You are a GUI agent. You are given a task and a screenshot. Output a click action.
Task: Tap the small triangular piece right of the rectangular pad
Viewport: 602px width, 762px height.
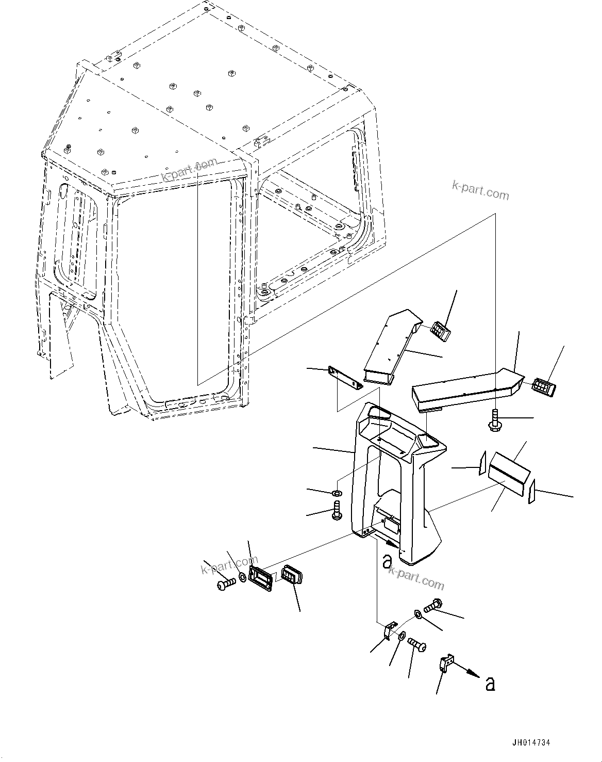[531, 492]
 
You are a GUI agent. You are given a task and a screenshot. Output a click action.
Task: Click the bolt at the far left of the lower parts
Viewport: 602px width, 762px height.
[224, 584]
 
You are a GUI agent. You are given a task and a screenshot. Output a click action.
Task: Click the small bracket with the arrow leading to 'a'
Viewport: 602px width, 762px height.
[447, 663]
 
